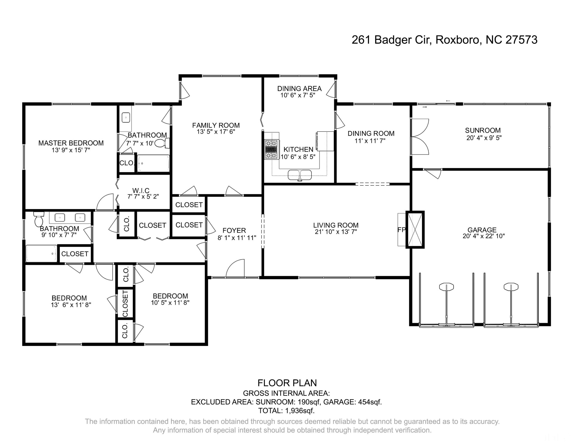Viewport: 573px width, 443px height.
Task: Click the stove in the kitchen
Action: pyautogui.click(x=271, y=149)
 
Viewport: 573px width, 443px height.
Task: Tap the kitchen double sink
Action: pyautogui.click(x=300, y=175)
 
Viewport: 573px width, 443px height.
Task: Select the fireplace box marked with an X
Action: pyautogui.click(x=415, y=230)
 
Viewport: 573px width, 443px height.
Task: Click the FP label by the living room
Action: pyautogui.click(x=401, y=230)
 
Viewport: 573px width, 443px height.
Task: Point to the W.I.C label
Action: pyautogui.click(x=141, y=191)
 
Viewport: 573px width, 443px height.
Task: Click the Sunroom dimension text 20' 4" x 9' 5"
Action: pyautogui.click(x=484, y=138)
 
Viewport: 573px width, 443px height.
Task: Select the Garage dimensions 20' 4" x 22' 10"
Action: pyautogui.click(x=484, y=236)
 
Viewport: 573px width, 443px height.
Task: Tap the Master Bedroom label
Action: pyautogui.click(x=71, y=143)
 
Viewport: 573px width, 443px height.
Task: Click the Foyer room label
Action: pyautogui.click(x=234, y=230)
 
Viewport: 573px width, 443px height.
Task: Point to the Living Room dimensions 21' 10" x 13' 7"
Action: pyautogui.click(x=336, y=232)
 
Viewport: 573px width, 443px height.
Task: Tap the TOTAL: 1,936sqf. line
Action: pyautogui.click(x=286, y=411)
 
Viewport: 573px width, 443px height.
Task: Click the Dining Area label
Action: pyautogui.click(x=299, y=88)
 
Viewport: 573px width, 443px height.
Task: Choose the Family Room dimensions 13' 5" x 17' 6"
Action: pyautogui.click(x=216, y=132)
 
